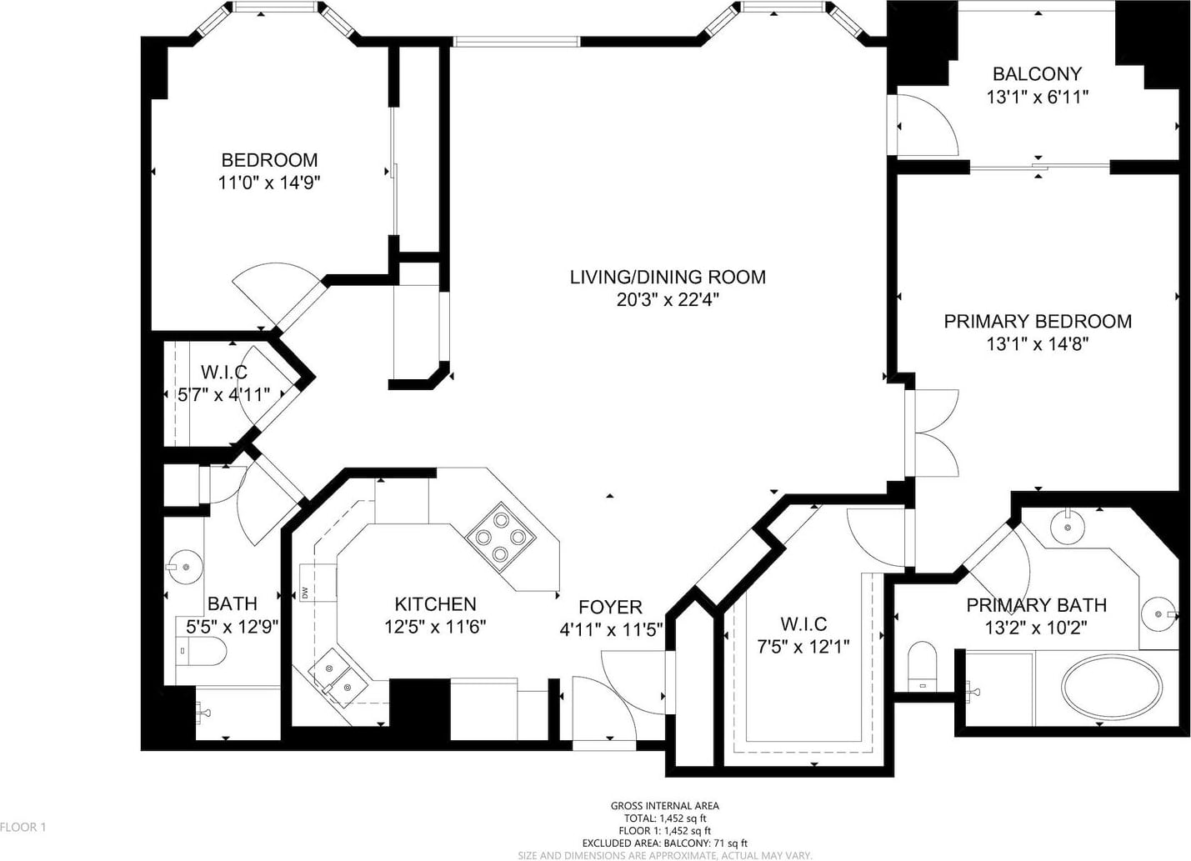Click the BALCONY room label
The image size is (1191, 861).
point(1037,74)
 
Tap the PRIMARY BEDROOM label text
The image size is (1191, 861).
point(1038,322)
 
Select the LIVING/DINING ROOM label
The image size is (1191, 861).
point(668,278)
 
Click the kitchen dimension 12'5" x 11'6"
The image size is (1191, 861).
point(435,626)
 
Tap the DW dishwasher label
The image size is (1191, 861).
point(305,593)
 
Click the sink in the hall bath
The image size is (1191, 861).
point(184,567)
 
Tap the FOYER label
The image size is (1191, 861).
point(610,608)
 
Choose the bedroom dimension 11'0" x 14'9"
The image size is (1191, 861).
point(269,183)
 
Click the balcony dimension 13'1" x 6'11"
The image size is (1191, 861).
point(1038,98)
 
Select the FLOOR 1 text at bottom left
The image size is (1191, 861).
point(23,828)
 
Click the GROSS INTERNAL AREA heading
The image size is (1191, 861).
point(664,806)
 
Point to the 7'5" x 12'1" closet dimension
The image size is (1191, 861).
point(803,646)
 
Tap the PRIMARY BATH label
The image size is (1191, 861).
point(1036,605)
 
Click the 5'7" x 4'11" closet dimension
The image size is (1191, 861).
point(223,394)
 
